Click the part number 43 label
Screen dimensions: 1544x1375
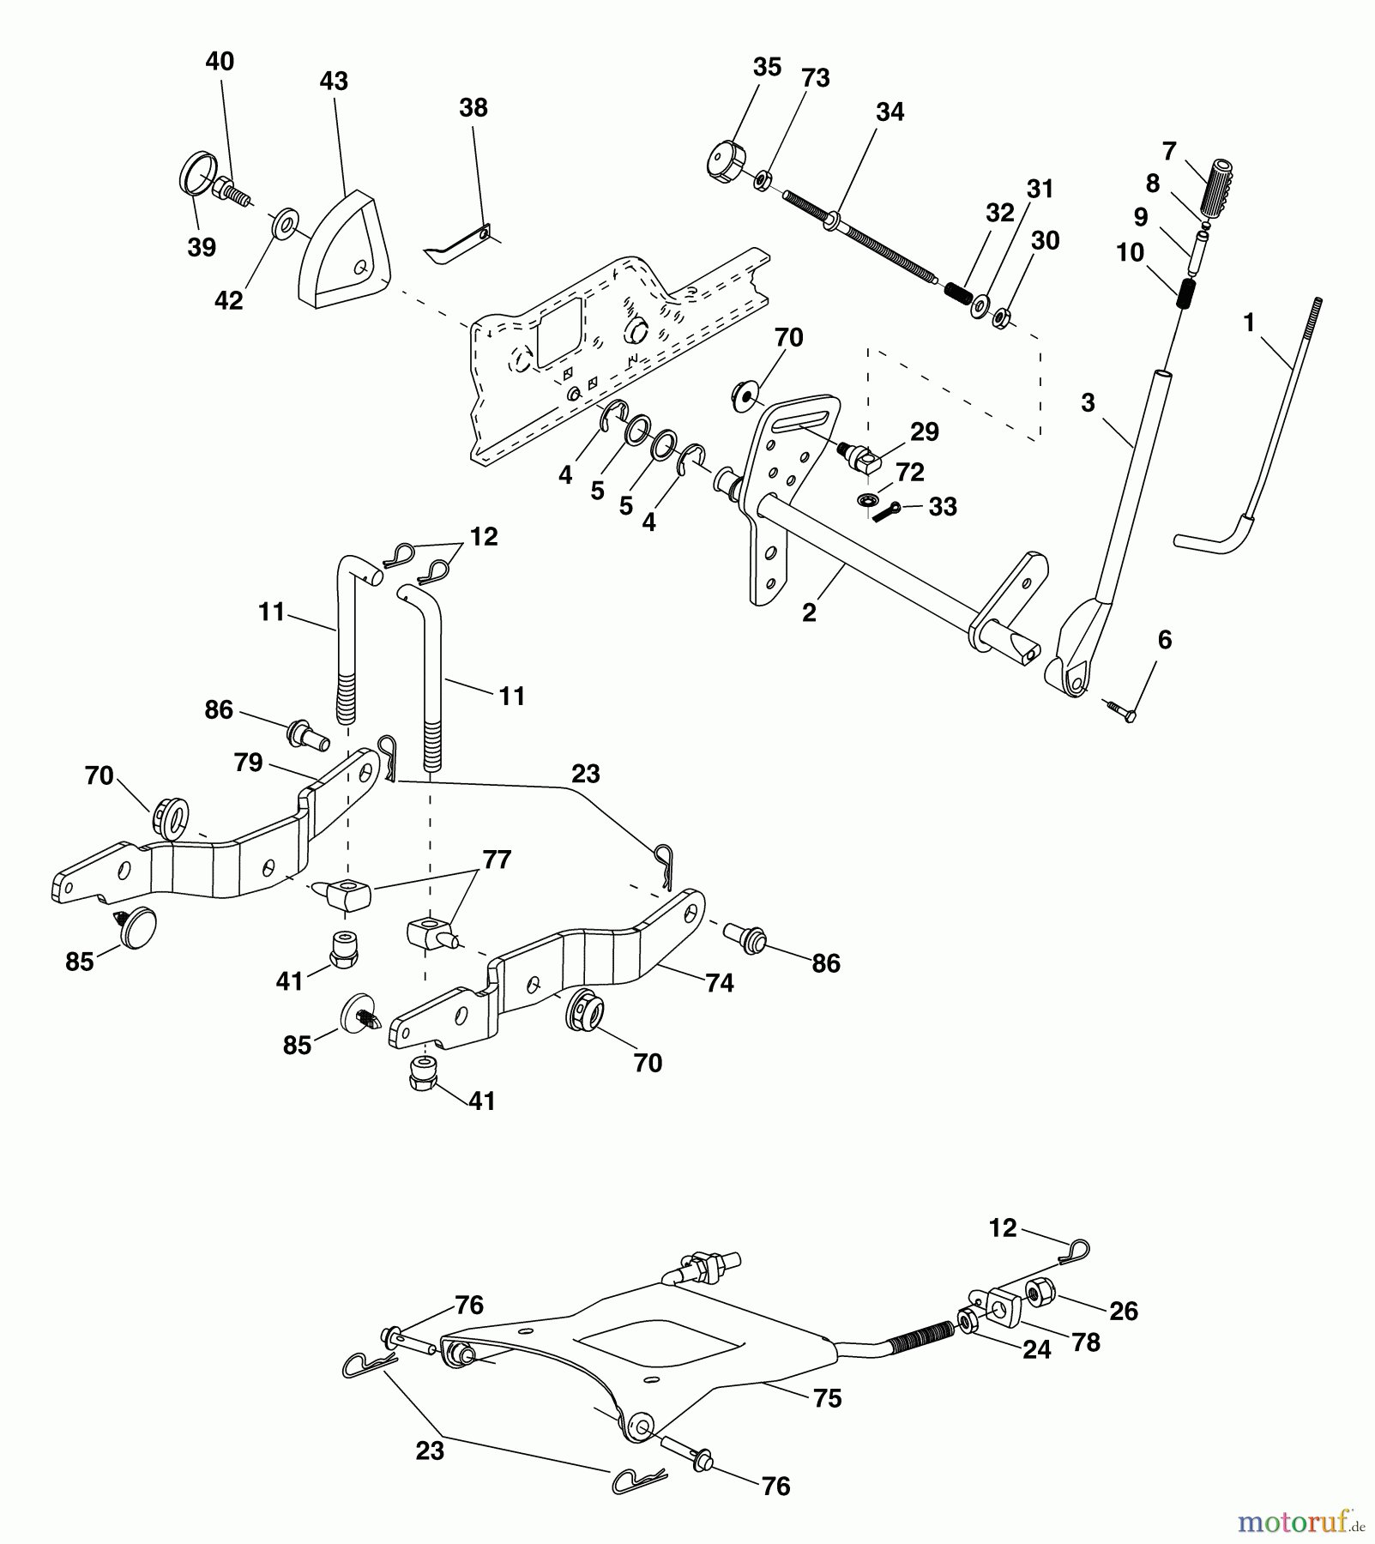(x=334, y=81)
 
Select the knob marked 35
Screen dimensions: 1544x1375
(x=727, y=160)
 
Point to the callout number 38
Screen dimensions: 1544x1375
(x=473, y=108)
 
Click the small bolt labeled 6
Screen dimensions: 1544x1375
(x=1119, y=709)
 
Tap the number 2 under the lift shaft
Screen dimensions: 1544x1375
(x=809, y=612)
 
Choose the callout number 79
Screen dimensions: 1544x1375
(x=249, y=762)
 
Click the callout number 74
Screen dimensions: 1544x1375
(x=720, y=983)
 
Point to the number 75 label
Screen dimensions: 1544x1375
(x=828, y=1399)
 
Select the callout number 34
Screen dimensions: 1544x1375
(x=890, y=112)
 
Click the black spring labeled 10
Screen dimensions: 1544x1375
(x=1185, y=294)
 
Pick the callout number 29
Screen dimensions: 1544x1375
(x=924, y=431)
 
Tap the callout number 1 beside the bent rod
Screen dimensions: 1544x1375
(x=1249, y=323)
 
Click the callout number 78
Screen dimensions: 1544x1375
(x=1086, y=1342)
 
